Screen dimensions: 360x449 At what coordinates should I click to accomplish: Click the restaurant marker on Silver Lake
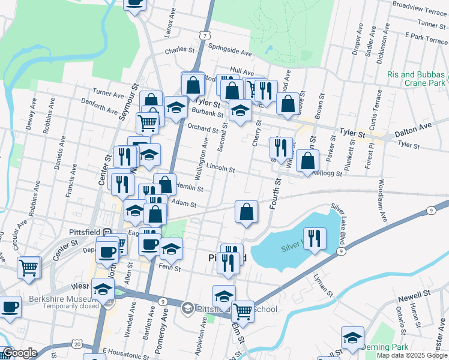[x=315, y=238]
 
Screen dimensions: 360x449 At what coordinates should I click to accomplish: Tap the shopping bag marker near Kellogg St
[x=308, y=161]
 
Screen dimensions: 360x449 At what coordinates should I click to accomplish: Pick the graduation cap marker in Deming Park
[x=352, y=337]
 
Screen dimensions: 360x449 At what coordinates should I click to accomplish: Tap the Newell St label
[x=414, y=294]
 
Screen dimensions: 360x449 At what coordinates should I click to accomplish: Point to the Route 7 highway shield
[x=205, y=35]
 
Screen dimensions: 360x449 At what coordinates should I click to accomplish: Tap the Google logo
[x=19, y=353]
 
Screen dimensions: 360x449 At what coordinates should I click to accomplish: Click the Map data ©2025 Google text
[x=411, y=355]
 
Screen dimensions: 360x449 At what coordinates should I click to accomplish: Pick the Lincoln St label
[x=220, y=169]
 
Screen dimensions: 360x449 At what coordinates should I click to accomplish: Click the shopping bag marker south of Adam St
[x=247, y=211]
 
